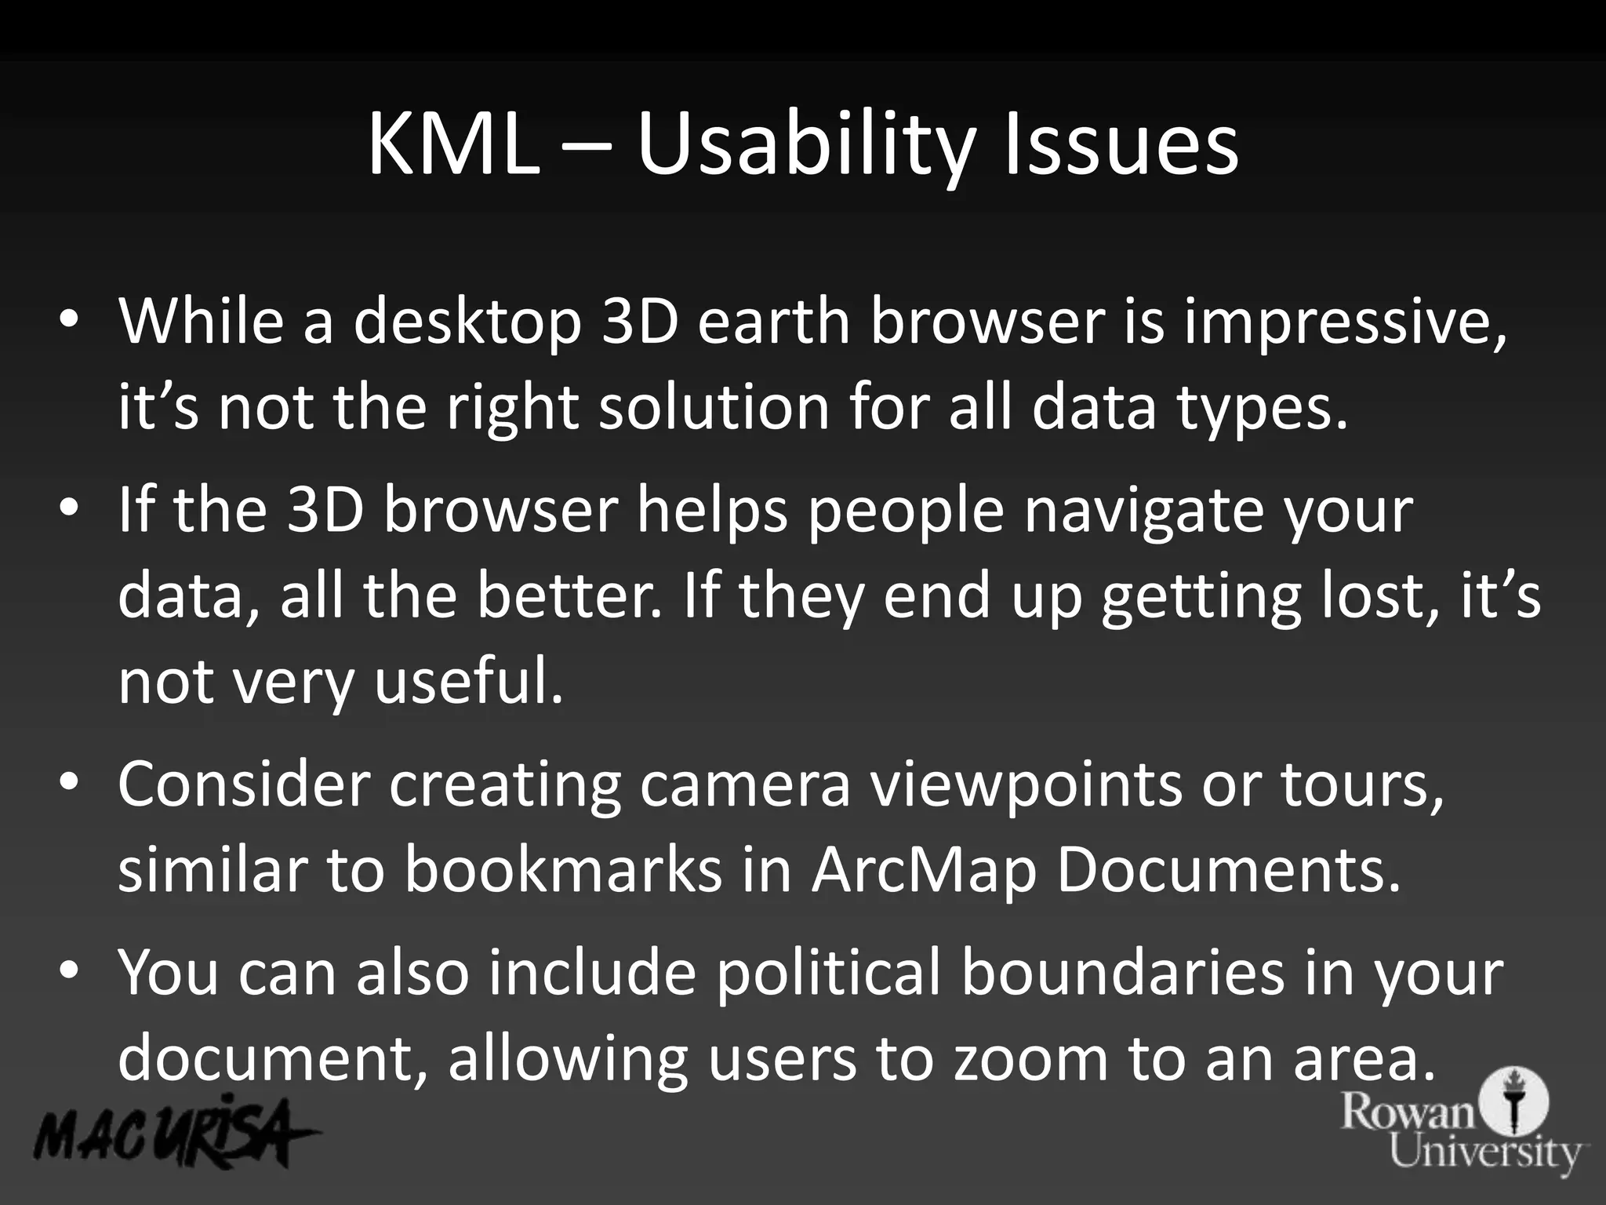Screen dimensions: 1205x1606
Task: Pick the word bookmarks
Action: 562,871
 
